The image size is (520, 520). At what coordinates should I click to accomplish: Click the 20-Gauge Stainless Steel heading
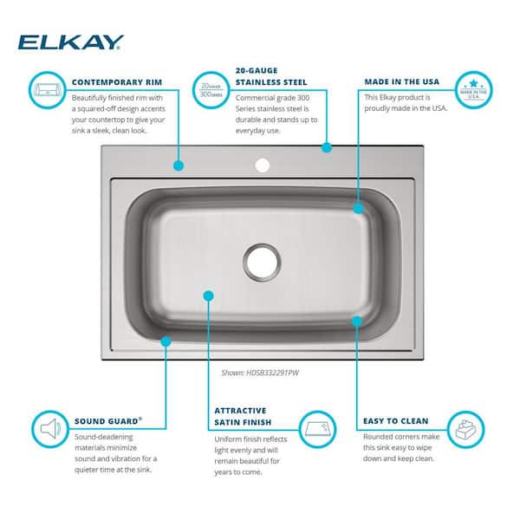point(271,76)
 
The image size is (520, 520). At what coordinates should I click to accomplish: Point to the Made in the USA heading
point(401,81)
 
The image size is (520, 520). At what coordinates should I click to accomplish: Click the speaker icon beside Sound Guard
point(47,427)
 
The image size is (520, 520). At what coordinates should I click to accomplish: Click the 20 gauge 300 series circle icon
point(211,89)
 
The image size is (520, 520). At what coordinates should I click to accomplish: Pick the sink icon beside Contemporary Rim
point(47,88)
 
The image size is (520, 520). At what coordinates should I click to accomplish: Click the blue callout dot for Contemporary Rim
point(179,165)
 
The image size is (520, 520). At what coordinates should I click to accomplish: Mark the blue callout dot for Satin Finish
point(208,296)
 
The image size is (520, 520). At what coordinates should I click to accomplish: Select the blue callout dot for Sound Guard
point(166,341)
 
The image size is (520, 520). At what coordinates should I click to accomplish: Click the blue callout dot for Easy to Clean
point(357,321)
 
